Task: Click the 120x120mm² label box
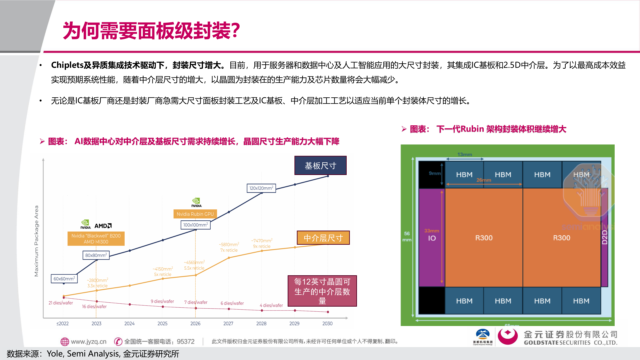point(261,188)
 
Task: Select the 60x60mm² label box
point(64,279)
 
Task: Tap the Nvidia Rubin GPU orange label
point(195,214)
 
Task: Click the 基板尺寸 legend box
point(320,166)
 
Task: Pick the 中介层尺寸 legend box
point(323,238)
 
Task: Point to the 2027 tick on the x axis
point(228,323)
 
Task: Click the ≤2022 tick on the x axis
point(63,323)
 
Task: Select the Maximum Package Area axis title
point(36,241)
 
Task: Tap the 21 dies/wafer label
point(61,303)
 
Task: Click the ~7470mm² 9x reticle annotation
point(262,243)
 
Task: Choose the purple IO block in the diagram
point(432,237)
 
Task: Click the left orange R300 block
point(484,238)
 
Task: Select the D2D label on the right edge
point(605,237)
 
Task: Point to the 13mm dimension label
point(465,154)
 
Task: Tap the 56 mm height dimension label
point(407,236)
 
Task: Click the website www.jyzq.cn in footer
point(88,341)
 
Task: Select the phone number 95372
point(186,341)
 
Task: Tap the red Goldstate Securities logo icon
point(507,336)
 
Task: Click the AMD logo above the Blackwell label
point(103,226)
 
